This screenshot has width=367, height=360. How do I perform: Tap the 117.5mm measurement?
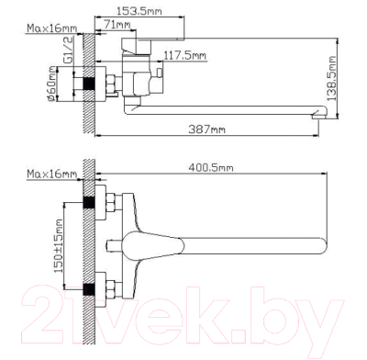click(x=185, y=57)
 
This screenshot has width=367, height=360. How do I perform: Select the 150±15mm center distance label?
click(x=57, y=247)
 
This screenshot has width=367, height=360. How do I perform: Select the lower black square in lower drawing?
click(x=89, y=291)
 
